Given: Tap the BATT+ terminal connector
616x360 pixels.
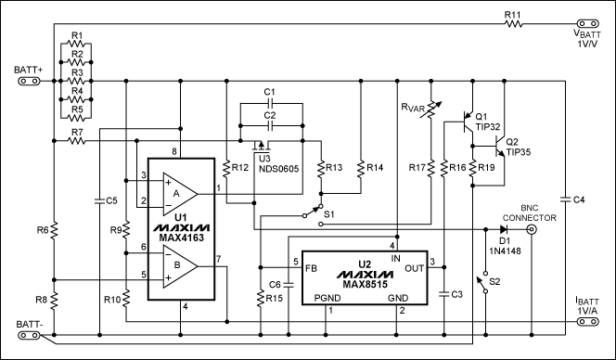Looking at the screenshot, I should [28, 81].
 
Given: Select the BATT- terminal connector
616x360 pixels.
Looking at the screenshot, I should [28, 336].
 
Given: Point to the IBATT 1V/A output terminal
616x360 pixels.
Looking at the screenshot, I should [585, 323].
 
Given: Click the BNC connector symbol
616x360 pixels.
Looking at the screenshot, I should [532, 228].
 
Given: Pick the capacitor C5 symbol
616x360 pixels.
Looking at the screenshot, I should [98, 199].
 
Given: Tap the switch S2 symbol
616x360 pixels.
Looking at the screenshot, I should [485, 282].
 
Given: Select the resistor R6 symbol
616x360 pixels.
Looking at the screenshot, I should [55, 229].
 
